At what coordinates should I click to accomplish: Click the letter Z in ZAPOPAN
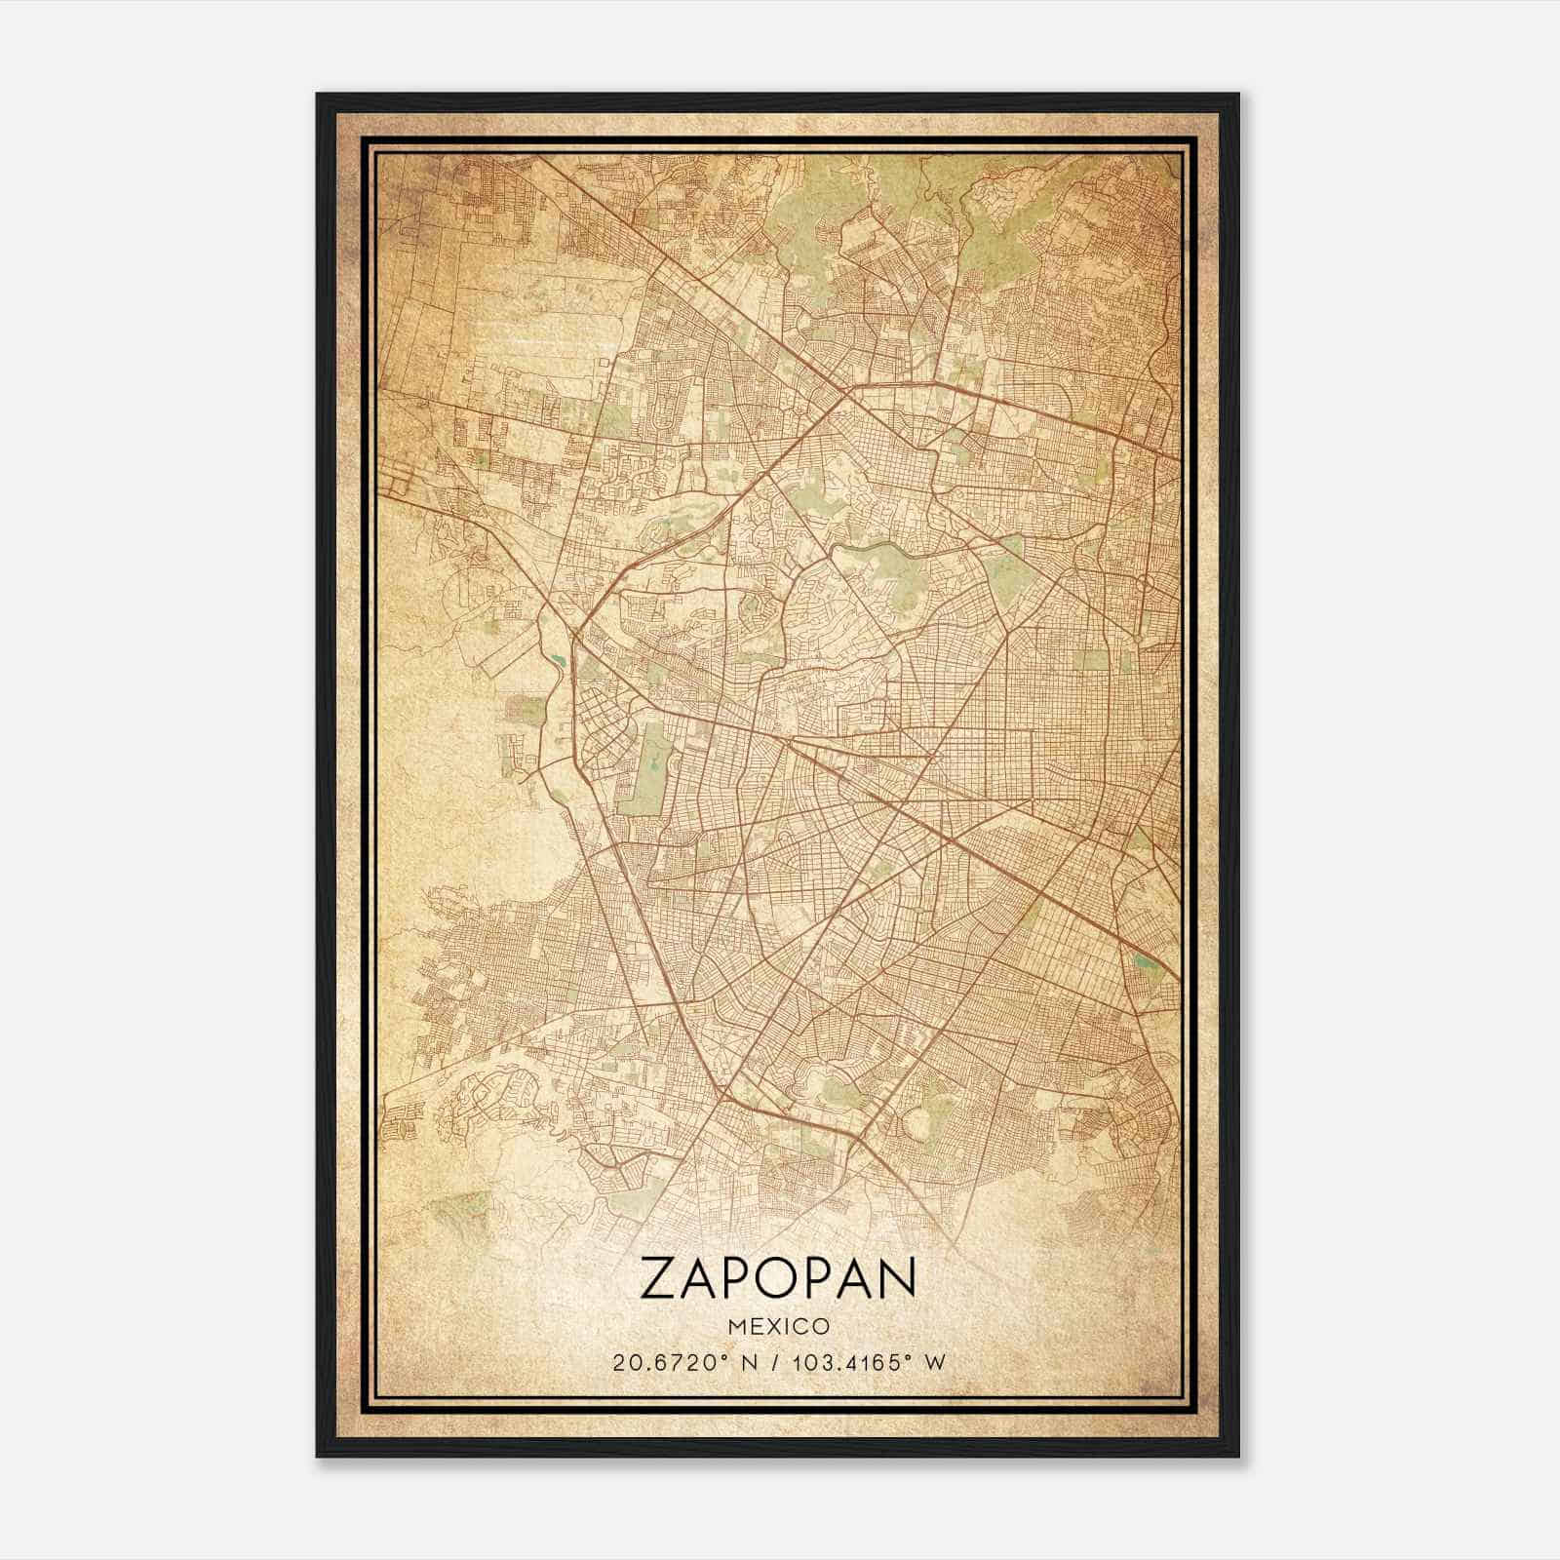660,1278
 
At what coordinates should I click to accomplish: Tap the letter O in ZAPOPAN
778,1278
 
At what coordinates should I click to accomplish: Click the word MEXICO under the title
778,1326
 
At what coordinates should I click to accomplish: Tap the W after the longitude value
934,1363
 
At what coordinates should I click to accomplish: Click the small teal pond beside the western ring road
558,662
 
